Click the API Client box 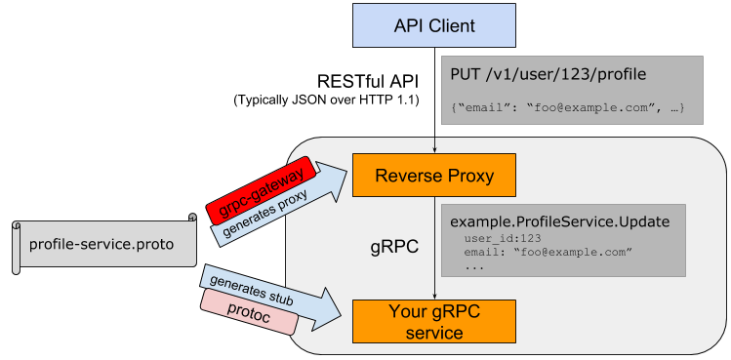coord(433,24)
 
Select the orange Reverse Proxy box coord(433,177)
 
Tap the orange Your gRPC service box coord(433,322)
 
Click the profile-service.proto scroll coord(102,244)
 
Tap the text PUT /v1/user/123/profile coord(548,73)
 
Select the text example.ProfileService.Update coord(559,221)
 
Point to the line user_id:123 coord(503,238)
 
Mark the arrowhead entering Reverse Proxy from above coord(433,150)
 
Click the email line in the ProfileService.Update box coord(548,253)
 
